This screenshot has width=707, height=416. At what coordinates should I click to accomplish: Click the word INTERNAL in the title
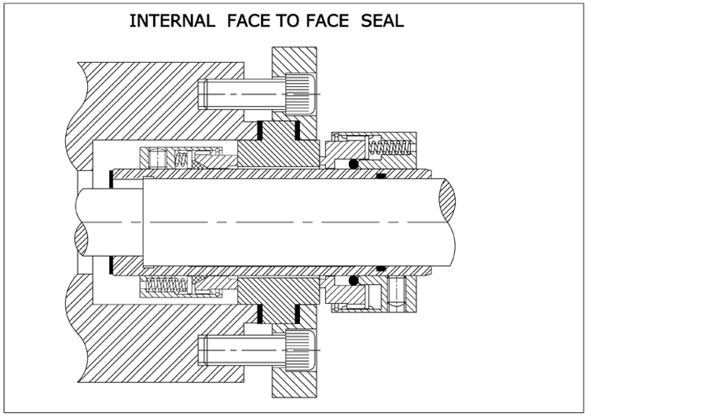pos(171,21)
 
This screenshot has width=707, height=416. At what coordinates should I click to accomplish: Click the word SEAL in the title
pos(383,21)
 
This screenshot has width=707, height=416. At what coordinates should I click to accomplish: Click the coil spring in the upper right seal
pos(390,146)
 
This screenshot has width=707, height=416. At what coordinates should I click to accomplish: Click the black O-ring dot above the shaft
pos(354,164)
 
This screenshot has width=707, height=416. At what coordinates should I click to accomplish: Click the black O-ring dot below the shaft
pos(353,280)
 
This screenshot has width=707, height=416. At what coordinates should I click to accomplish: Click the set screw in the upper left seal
pos(157,159)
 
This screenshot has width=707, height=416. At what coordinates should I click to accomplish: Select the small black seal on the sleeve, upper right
pos(381,176)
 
